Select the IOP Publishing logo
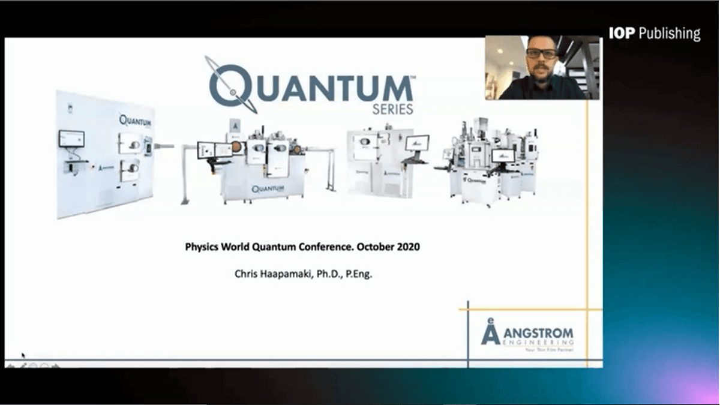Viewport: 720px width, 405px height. point(654,33)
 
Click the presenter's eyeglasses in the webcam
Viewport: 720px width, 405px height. point(541,53)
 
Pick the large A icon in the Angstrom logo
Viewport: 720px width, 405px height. point(491,332)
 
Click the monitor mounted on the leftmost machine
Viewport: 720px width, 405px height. point(71,139)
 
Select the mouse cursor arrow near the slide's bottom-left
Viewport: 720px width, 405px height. point(23,355)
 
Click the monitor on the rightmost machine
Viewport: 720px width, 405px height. point(503,155)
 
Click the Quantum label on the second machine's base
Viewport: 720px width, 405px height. point(268,188)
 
